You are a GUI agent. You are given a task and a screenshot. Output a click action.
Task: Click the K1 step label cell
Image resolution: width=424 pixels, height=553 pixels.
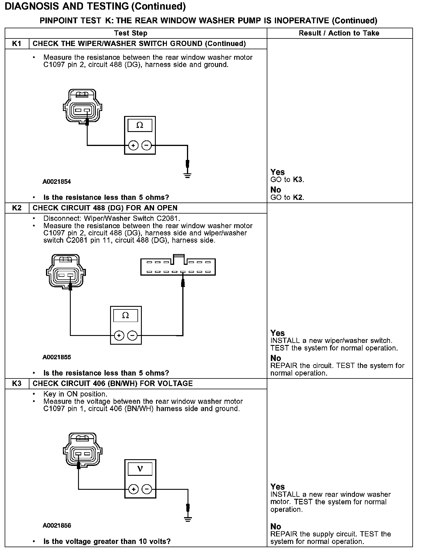point(17,44)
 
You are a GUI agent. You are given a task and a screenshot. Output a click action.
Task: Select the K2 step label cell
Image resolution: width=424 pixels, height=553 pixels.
point(17,208)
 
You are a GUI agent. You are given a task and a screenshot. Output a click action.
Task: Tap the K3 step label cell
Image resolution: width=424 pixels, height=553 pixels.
point(17,383)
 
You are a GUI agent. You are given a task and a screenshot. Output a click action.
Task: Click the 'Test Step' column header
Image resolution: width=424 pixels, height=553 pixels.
point(131,33)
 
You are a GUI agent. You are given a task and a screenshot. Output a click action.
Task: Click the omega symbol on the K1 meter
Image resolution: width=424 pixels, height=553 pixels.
point(140,125)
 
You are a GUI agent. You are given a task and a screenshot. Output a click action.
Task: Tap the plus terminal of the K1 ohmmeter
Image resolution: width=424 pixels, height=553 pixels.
point(133,145)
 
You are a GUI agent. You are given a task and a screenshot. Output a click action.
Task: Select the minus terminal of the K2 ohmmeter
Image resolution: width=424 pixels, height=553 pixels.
point(132,335)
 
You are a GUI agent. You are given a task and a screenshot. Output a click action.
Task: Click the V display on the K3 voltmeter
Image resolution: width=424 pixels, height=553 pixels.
point(140,469)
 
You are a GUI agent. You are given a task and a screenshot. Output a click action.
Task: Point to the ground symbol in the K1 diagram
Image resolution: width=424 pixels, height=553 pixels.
point(188,175)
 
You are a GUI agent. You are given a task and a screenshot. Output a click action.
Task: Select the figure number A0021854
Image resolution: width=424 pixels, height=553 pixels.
point(57,182)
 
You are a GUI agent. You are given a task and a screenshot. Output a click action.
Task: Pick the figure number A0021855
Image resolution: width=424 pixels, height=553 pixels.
point(57,357)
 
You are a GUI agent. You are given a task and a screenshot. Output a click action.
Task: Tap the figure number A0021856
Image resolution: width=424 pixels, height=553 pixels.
point(57,526)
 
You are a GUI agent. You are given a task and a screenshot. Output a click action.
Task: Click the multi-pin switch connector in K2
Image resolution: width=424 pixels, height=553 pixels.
point(178,266)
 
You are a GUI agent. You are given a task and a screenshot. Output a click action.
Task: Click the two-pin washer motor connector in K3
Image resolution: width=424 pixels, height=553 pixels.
point(83,452)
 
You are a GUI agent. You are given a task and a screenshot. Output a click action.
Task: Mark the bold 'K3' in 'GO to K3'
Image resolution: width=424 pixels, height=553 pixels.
point(298,180)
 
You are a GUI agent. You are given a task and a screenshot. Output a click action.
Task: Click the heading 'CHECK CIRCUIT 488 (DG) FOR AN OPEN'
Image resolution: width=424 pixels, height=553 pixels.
point(105,208)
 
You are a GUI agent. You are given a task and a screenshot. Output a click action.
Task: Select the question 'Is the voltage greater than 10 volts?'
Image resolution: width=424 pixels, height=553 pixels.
point(107,542)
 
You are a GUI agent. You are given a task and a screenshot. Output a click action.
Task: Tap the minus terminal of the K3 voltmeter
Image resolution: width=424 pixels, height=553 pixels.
point(147,489)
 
